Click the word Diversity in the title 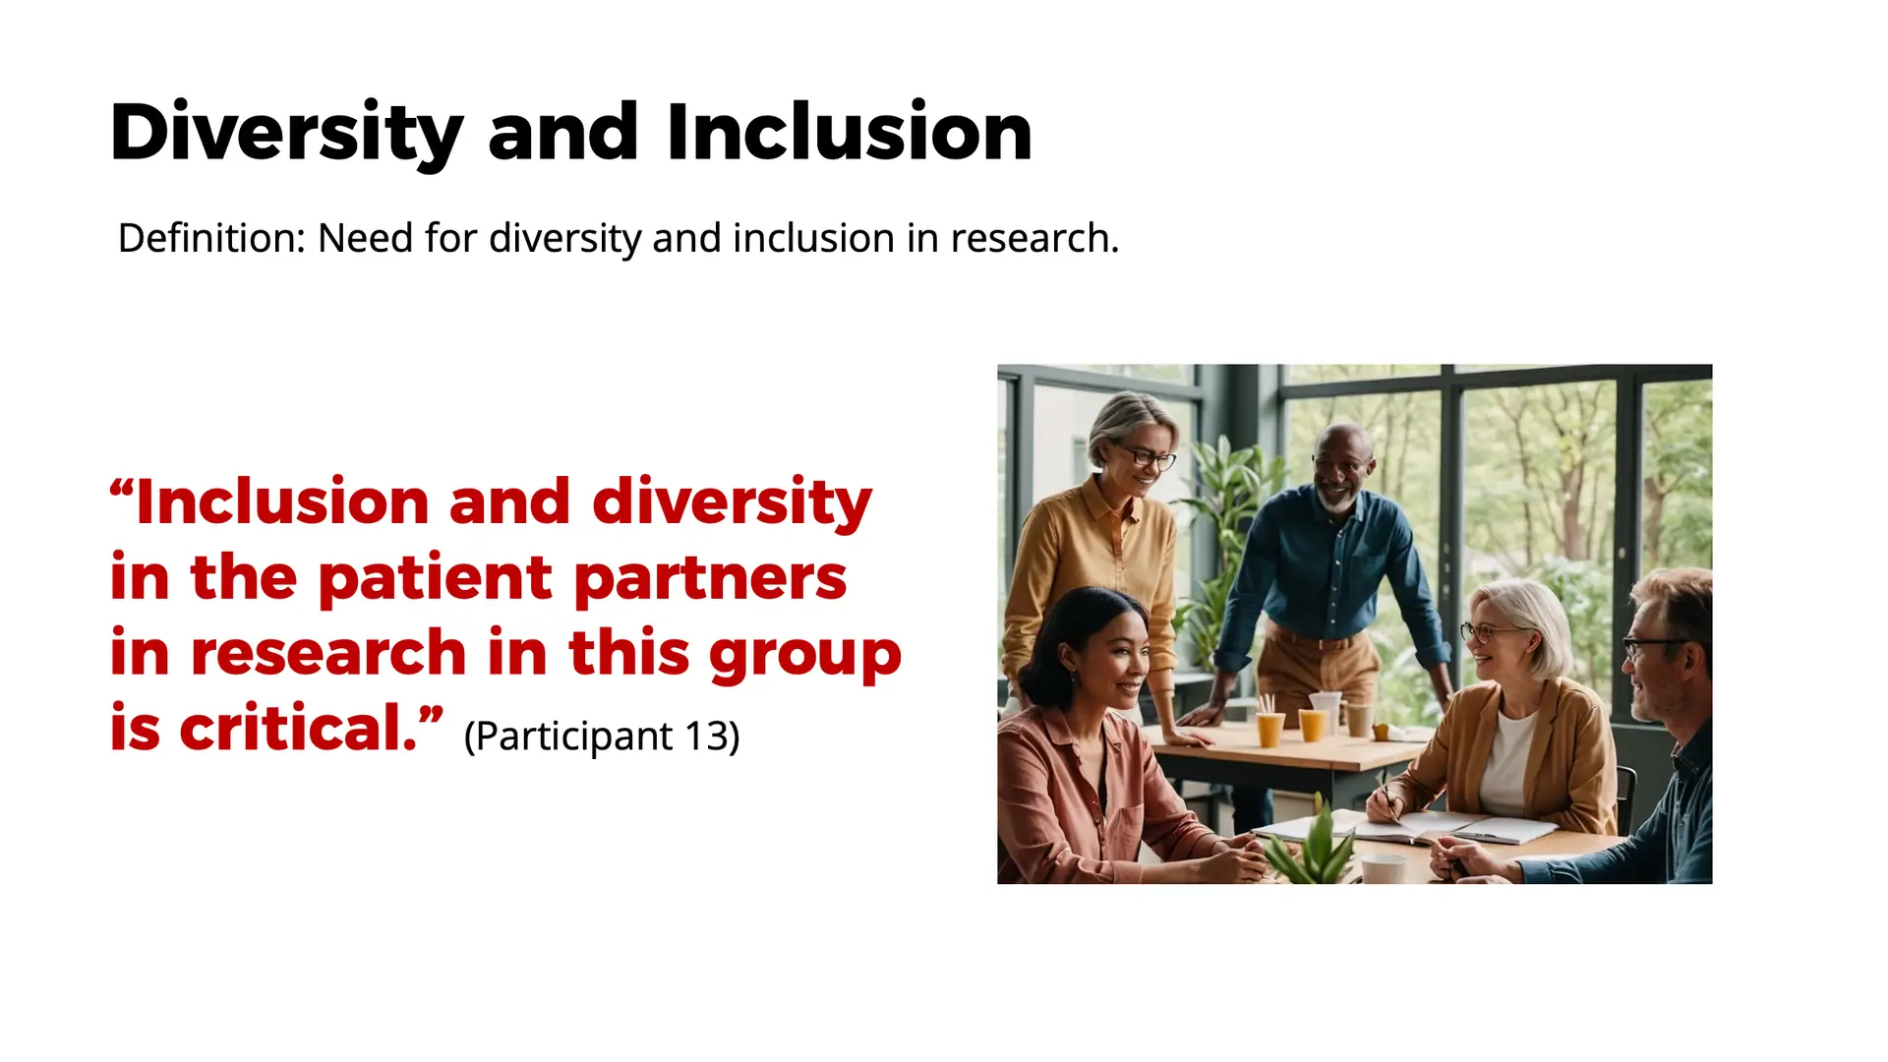pos(286,133)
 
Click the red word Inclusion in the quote pos(282,501)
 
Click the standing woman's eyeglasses pos(1146,456)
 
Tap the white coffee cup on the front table pos(1383,869)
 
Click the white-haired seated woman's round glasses pos(1487,632)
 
